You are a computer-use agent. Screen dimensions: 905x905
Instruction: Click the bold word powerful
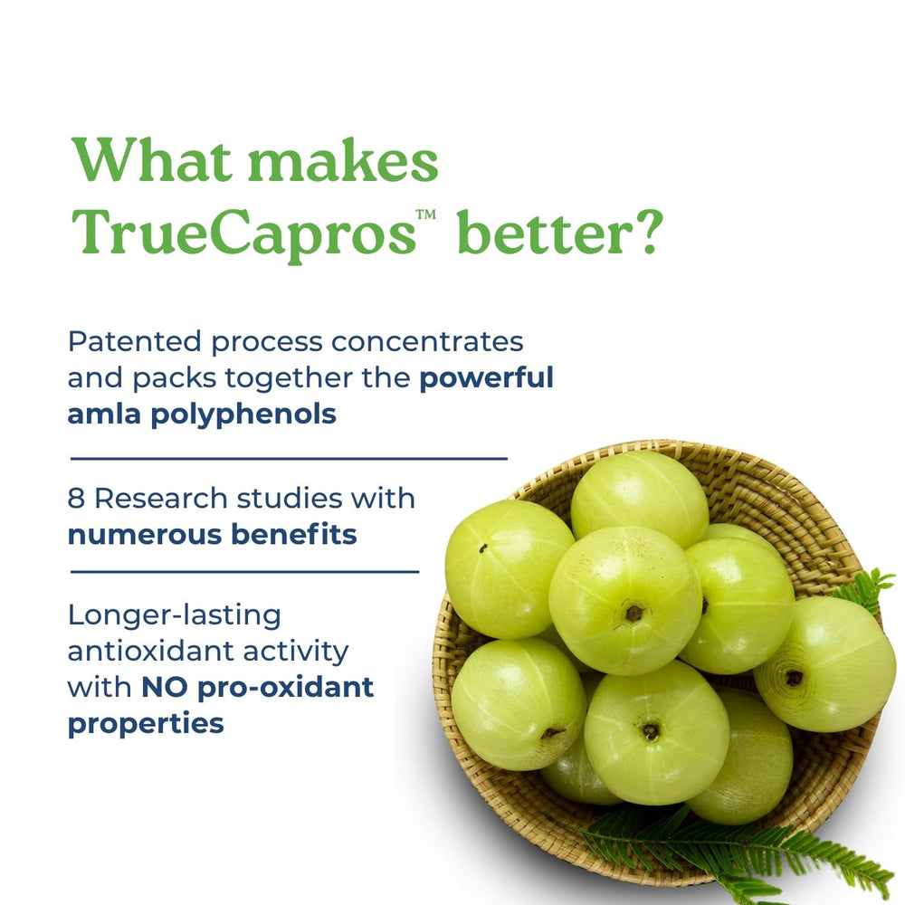486,377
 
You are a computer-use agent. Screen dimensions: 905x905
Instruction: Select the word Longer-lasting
175,615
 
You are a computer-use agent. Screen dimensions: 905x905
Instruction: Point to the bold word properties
146,724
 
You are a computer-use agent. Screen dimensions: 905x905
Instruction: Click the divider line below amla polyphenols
289,458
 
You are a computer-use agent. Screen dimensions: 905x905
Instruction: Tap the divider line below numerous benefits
244,572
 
